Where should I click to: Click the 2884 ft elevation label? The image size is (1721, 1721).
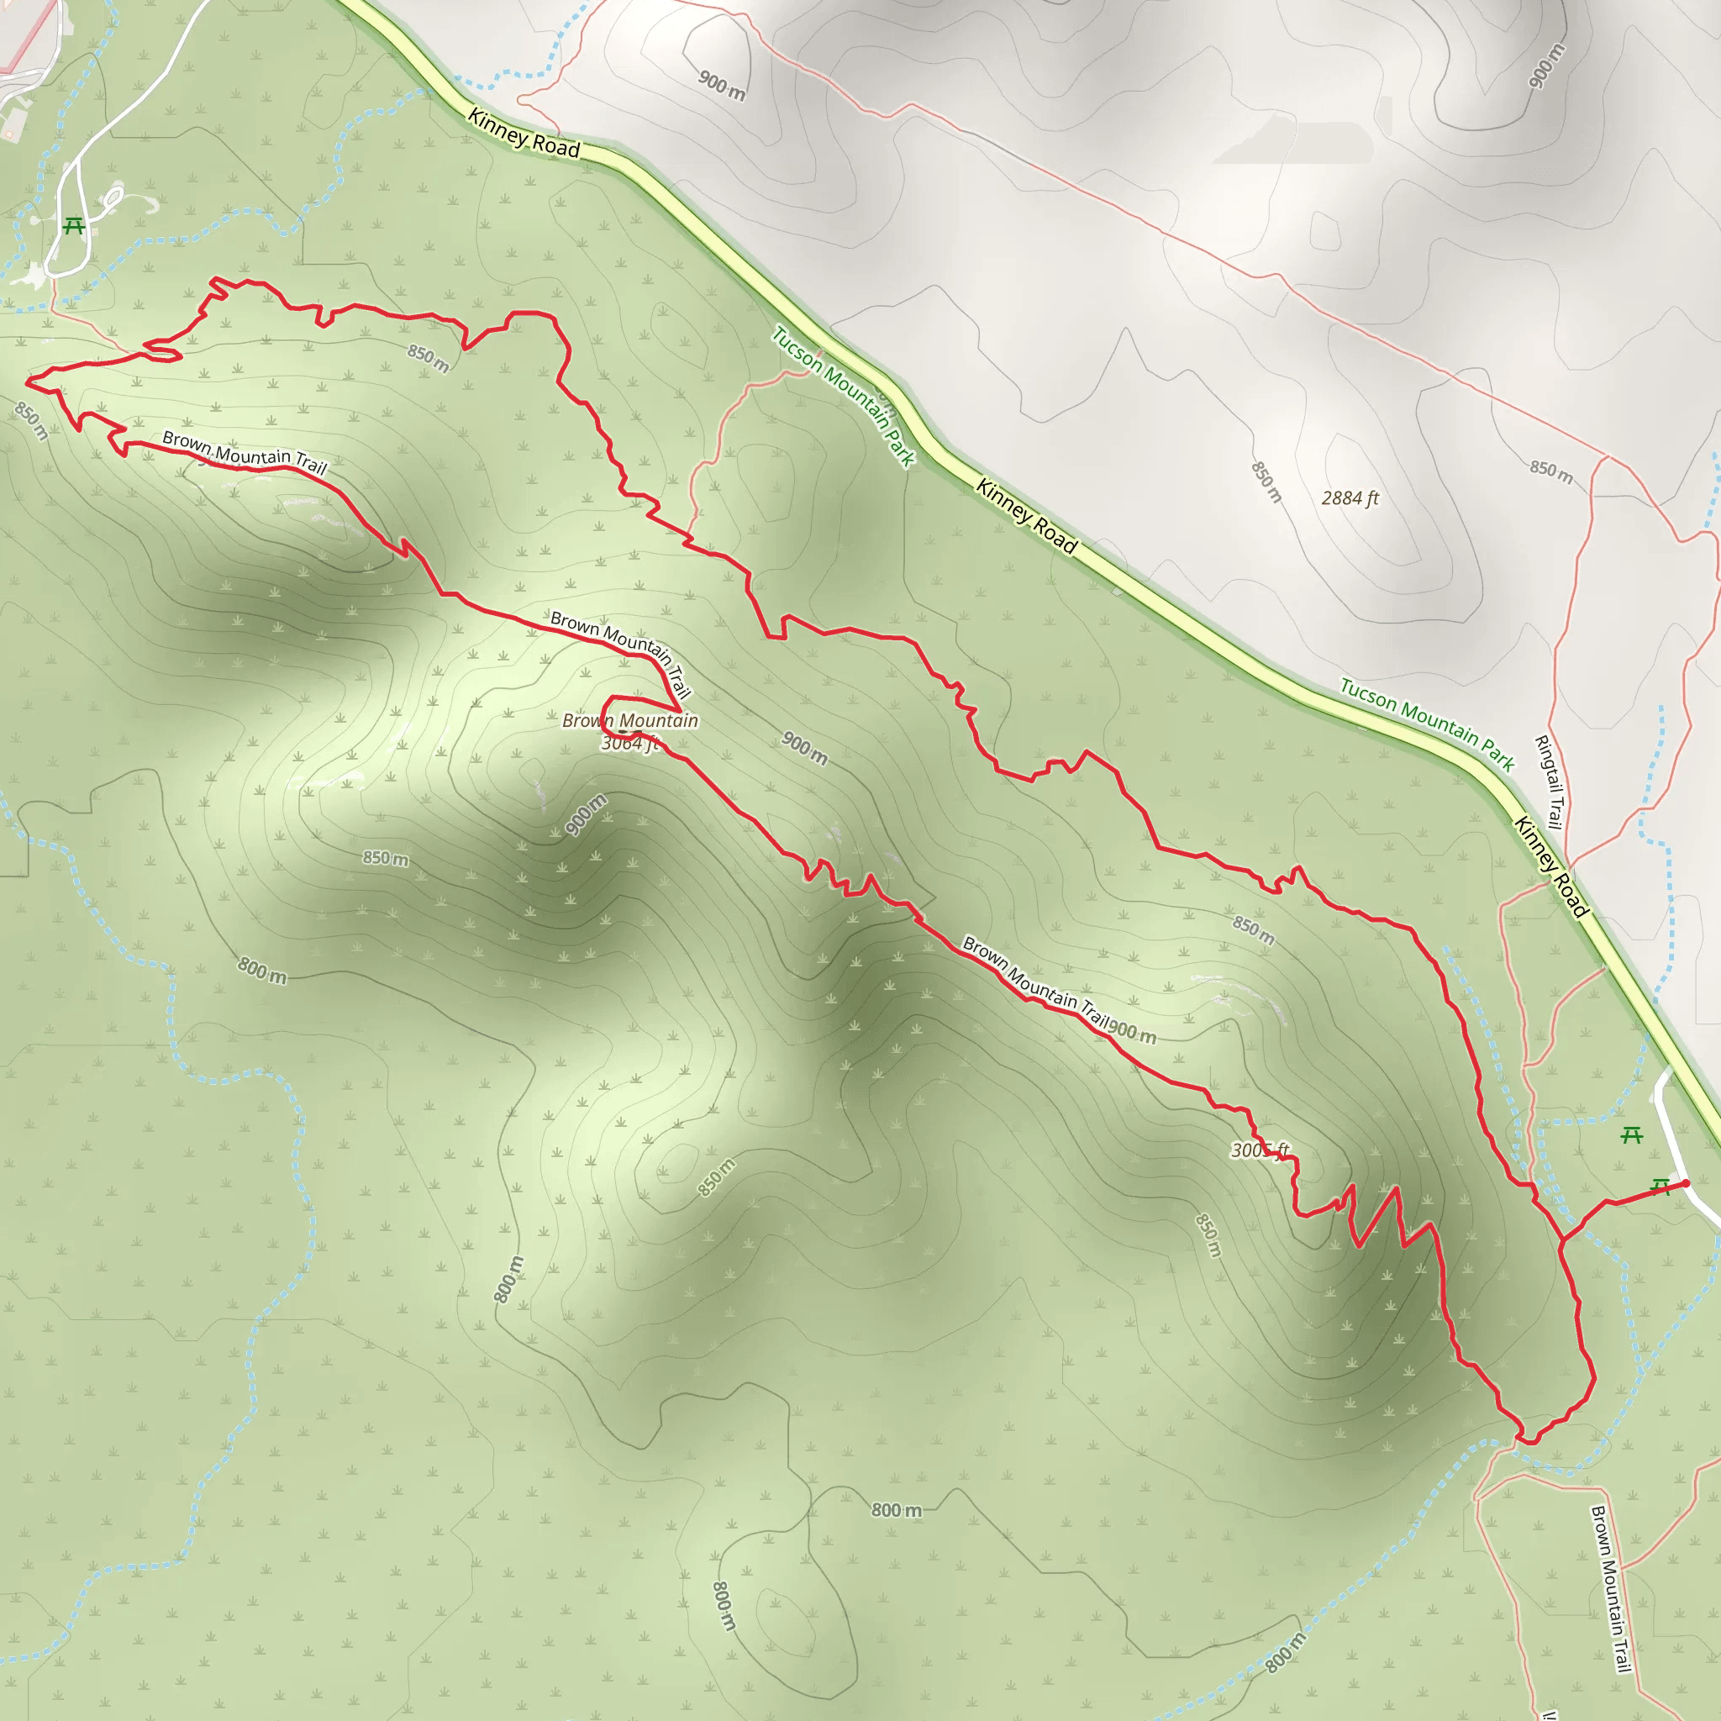click(x=1350, y=498)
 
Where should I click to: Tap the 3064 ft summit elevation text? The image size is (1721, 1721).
click(x=629, y=743)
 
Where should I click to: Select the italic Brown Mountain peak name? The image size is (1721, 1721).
click(x=629, y=721)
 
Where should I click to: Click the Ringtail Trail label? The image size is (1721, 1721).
click(x=1549, y=782)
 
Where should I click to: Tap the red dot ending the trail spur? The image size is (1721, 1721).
click(x=1685, y=1184)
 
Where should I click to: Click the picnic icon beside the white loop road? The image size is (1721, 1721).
click(x=74, y=226)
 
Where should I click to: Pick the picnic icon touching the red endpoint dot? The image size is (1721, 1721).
click(x=1660, y=1187)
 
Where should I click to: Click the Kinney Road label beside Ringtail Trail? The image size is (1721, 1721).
click(x=1551, y=866)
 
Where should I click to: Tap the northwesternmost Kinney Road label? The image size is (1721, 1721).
click(x=524, y=134)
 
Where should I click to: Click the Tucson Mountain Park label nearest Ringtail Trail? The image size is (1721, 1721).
click(x=1427, y=724)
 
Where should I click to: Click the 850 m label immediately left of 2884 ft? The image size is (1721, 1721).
click(x=1266, y=482)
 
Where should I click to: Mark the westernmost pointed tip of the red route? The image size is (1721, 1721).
click(x=26, y=382)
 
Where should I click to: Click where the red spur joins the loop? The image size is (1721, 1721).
click(x=1561, y=1238)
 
